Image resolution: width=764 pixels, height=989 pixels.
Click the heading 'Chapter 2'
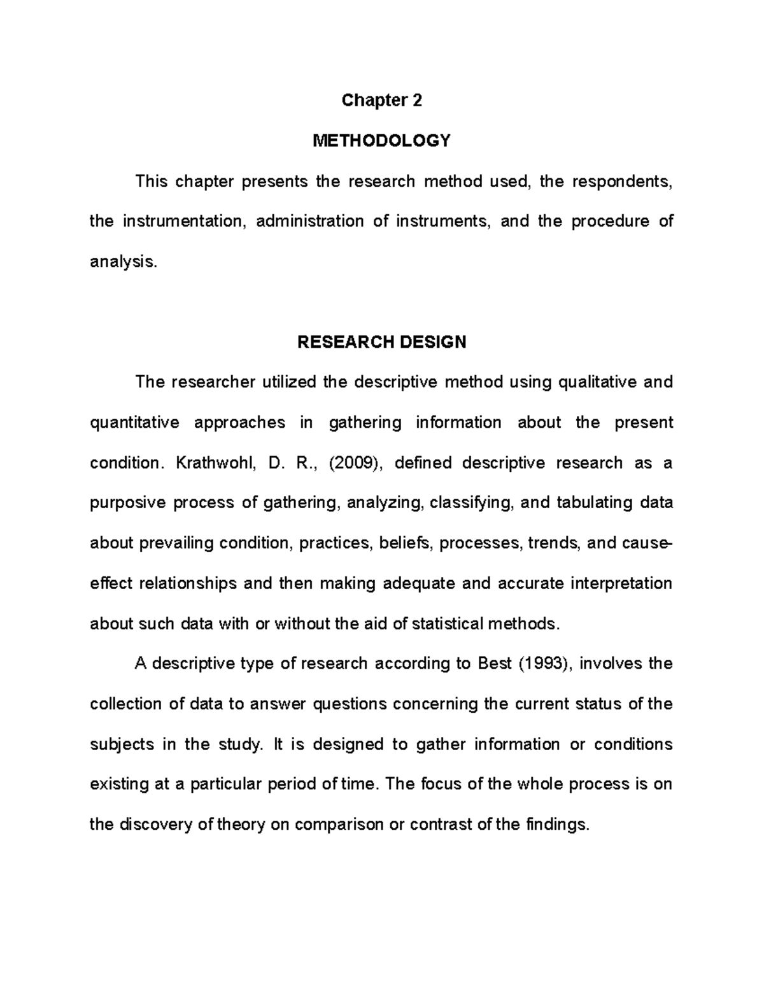pyautogui.click(x=381, y=101)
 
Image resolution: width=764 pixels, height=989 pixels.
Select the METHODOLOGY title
pyautogui.click(x=381, y=141)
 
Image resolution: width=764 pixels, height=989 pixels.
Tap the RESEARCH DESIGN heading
pyautogui.click(x=381, y=342)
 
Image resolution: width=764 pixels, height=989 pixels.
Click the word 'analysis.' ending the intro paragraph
pyautogui.click(x=123, y=262)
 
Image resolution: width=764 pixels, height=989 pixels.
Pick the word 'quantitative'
pyautogui.click(x=135, y=423)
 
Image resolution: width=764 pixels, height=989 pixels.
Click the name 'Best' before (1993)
pyautogui.click(x=495, y=664)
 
